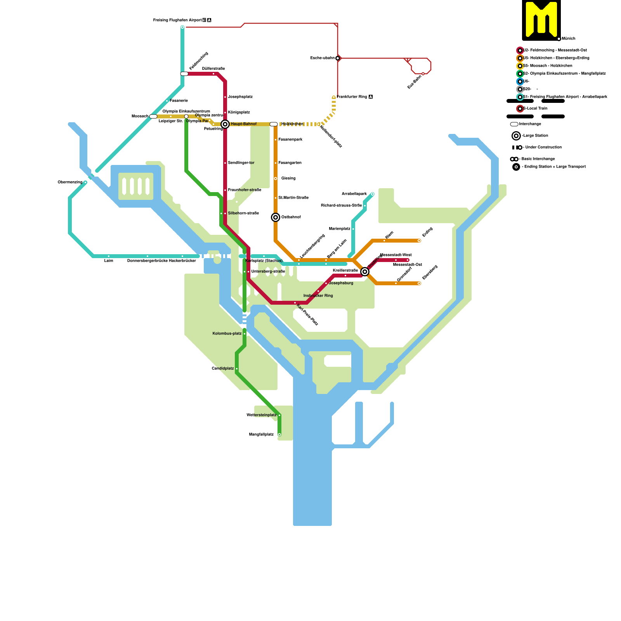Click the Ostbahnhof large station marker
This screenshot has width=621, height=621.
click(x=276, y=217)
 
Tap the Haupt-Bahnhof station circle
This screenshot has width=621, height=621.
click(x=225, y=124)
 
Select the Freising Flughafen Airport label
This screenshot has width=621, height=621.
click(x=177, y=20)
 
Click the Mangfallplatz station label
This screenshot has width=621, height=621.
click(x=261, y=435)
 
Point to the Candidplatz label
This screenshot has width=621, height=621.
click(x=223, y=369)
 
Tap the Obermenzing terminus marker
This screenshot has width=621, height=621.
click(x=85, y=182)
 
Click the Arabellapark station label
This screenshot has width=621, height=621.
click(x=354, y=194)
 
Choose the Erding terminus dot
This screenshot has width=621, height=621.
click(x=419, y=241)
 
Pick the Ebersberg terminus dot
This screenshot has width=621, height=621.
click(x=419, y=283)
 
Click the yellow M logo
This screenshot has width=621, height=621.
click(x=541, y=19)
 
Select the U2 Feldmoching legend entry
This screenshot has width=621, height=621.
click(x=555, y=50)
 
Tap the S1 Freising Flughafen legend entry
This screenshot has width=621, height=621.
click(x=565, y=97)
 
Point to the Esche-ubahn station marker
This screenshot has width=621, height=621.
click(x=338, y=58)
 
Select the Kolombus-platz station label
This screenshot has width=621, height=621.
click(x=227, y=334)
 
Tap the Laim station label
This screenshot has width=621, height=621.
click(x=109, y=261)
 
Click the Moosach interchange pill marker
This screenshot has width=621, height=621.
click(x=153, y=116)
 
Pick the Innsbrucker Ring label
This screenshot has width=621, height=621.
click(x=318, y=296)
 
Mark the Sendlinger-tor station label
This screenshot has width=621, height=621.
click(x=241, y=163)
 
